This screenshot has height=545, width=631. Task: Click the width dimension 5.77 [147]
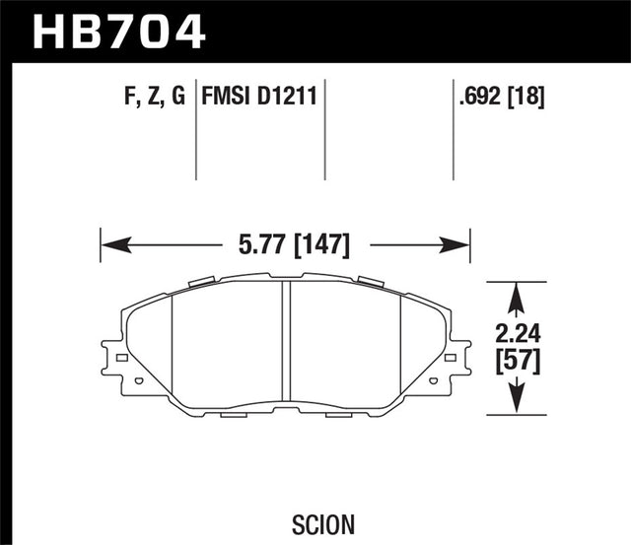(285, 241)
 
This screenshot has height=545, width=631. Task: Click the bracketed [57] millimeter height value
(517, 362)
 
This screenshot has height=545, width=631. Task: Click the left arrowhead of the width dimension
(109, 242)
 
